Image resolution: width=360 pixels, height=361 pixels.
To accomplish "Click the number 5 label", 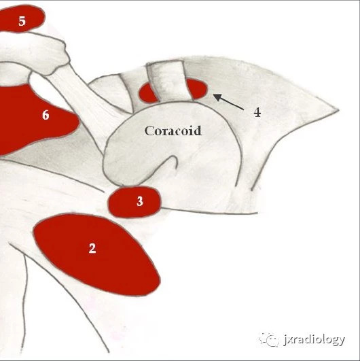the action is pos(22,21).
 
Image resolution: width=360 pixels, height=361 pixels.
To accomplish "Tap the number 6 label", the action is pos(46,115).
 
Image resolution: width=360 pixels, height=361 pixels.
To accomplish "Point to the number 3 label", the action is pos(140,201).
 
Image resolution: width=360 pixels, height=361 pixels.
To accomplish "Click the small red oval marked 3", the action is pos(134,202).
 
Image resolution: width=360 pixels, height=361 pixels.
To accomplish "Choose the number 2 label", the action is pos(92,248).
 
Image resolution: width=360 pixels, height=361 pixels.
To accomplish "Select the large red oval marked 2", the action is pos(96,254).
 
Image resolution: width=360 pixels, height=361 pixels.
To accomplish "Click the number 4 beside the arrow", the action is pos(257,112).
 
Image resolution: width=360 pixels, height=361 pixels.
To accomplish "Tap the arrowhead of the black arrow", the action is pos(217,97).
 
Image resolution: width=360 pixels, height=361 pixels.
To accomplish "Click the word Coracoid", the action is pos(173,131).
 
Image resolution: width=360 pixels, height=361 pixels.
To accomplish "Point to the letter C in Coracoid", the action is pos(149,131).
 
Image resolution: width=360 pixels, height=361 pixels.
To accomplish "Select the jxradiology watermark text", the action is pos(314,340).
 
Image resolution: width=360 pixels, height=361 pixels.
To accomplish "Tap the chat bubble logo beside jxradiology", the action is pos(270,339).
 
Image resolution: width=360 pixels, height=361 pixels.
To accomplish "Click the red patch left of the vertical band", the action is pos(147,94).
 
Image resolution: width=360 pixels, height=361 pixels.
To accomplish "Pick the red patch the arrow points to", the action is pos(198,89).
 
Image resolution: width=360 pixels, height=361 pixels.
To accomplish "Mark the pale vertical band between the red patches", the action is pos(170,81).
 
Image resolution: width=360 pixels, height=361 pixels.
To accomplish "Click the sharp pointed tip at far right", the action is pos(338,110).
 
